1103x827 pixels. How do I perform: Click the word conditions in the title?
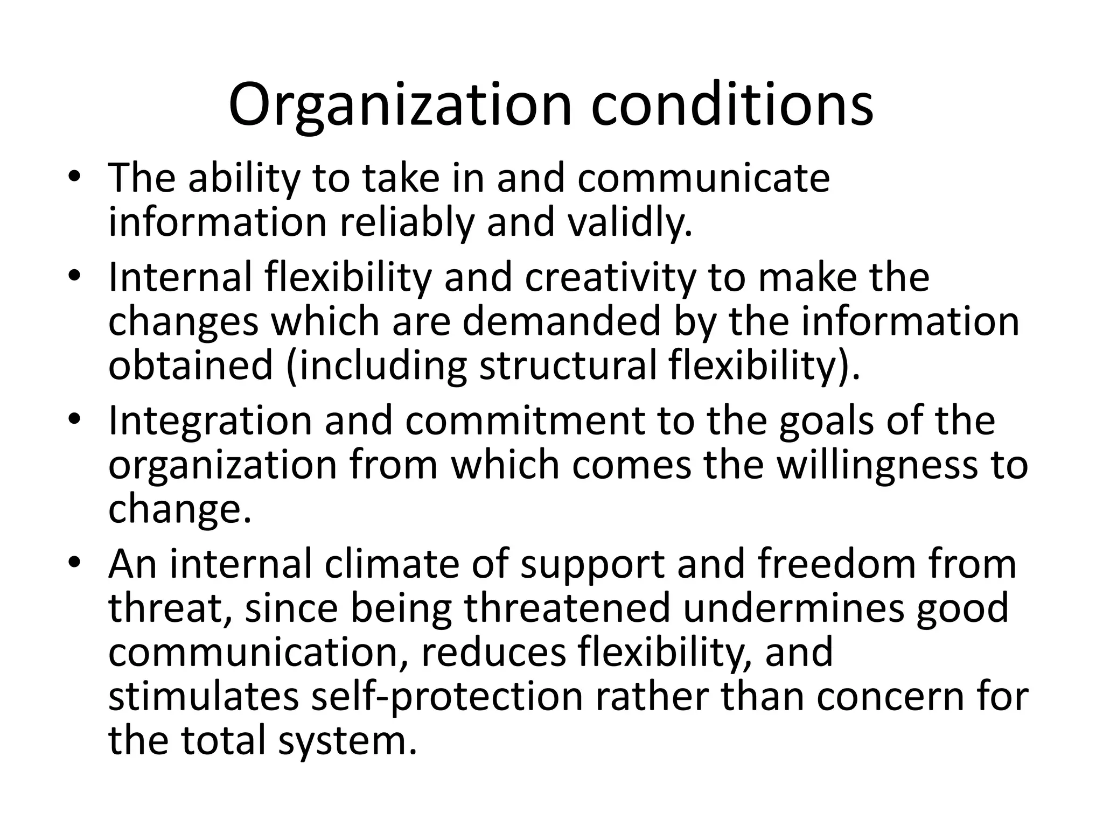(732, 105)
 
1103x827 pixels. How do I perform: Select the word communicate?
(703, 179)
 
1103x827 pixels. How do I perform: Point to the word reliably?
(407, 223)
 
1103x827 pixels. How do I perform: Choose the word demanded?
(562, 322)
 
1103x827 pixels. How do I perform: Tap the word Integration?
(211, 422)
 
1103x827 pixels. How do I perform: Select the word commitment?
(525, 422)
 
